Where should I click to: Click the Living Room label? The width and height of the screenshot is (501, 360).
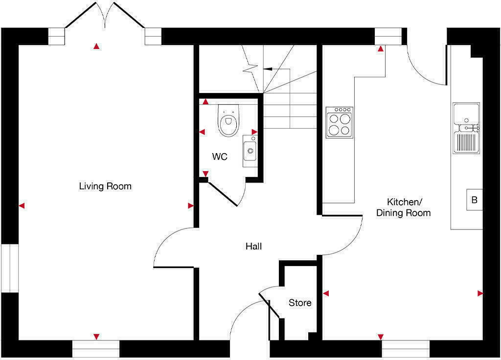click(105, 186)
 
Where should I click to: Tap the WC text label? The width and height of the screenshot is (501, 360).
click(220, 157)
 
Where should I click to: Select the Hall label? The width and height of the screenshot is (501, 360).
click(253, 247)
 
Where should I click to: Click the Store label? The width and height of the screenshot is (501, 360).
click(300, 303)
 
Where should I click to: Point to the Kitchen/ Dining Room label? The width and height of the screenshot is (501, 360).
click(403, 207)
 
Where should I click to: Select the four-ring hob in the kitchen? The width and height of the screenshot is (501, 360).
click(340, 122)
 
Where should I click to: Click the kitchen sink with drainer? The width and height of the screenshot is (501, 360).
click(466, 128)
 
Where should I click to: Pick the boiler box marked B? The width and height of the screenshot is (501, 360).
click(474, 200)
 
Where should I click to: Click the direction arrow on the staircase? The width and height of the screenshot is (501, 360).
click(268, 69)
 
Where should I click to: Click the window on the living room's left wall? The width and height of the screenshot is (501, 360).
click(9, 268)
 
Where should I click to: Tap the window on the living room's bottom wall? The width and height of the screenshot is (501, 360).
click(96, 349)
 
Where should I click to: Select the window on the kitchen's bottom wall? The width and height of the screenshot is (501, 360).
click(406, 349)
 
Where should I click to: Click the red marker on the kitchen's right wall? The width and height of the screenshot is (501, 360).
click(480, 293)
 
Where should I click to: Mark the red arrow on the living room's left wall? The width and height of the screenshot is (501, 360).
click(22, 206)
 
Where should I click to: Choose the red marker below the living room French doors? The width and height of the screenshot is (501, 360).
click(96, 46)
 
